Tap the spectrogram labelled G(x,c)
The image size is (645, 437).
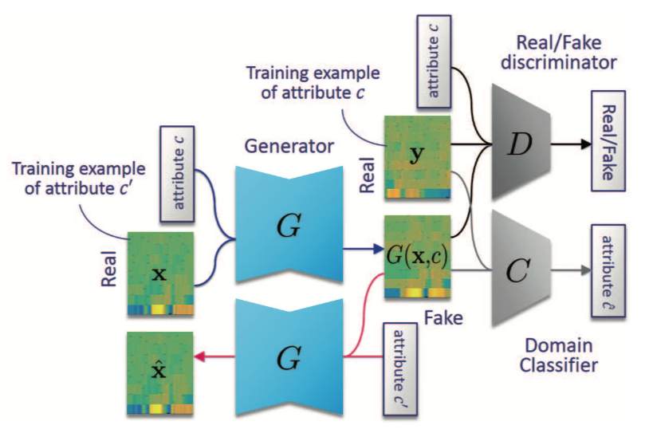point(417,257)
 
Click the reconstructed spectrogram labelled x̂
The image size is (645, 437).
point(159,372)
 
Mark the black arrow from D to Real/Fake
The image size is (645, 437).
point(568,146)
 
